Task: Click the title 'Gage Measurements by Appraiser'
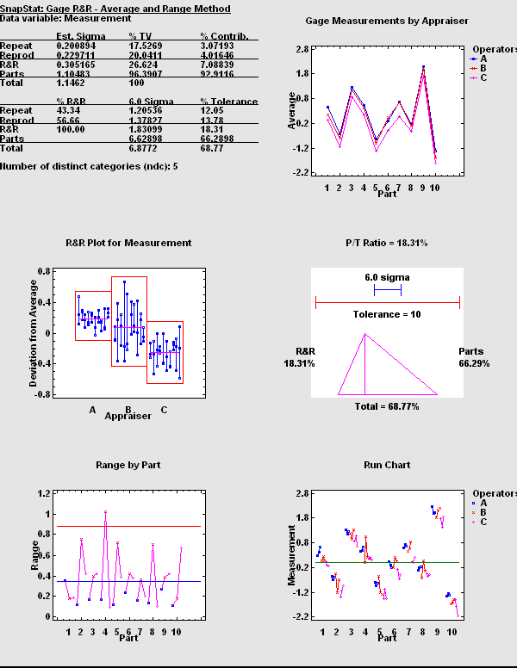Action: tap(387, 21)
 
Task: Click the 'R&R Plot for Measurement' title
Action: tap(128, 244)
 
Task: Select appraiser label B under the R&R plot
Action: tap(128, 410)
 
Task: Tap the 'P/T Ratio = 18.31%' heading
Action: tap(387, 244)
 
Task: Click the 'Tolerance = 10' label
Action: tap(387, 314)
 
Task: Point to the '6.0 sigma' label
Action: tap(387, 278)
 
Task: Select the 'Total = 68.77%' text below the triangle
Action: tap(387, 405)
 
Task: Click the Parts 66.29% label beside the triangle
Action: tap(470, 358)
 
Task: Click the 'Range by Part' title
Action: tap(128, 466)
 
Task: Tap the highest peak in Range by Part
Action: tap(105, 512)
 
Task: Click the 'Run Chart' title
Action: tap(387, 466)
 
